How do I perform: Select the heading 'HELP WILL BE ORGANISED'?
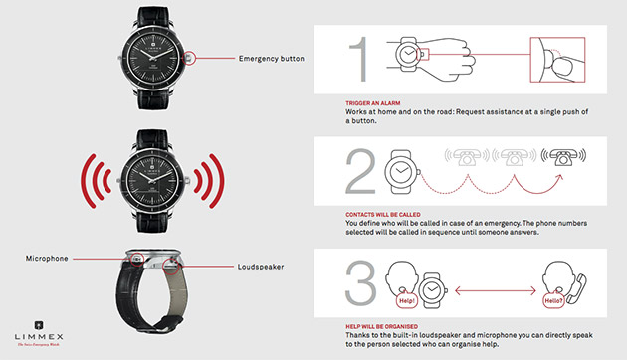coord(382,325)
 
